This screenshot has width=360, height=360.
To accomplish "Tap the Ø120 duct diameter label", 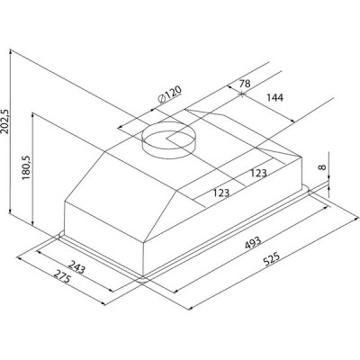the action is [x=169, y=94].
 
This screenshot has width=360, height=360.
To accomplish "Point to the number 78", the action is [x=245, y=84].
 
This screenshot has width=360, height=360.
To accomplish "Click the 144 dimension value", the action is [x=274, y=97].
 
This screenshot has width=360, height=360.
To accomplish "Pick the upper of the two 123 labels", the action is [x=258, y=173].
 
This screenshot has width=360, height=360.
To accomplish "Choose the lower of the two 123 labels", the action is [x=221, y=193].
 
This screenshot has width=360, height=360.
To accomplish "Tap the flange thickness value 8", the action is [x=322, y=166].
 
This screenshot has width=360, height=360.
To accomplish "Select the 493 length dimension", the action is [x=253, y=243].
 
